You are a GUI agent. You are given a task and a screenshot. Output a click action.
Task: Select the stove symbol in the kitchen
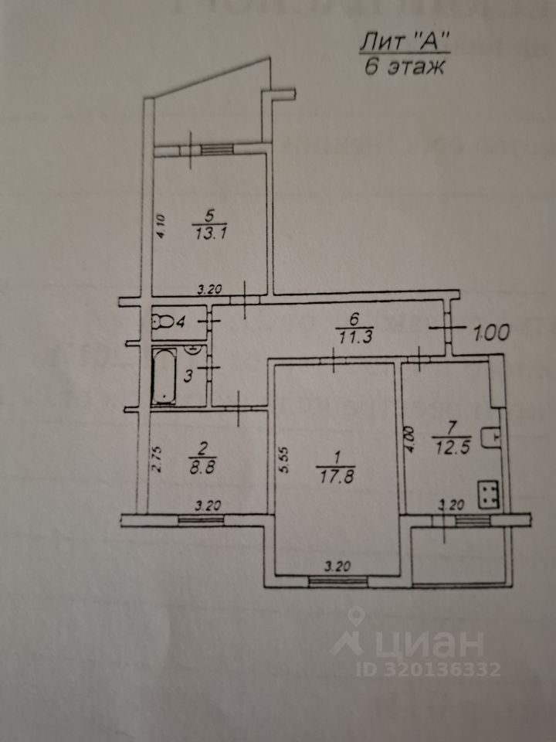tap(488, 494)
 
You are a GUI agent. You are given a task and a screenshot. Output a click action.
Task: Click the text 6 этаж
tap(403, 66)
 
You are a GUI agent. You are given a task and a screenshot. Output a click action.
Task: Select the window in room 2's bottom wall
tap(199, 520)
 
